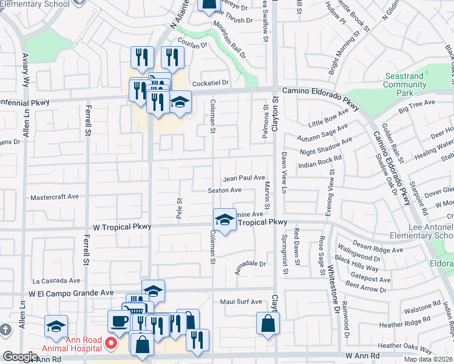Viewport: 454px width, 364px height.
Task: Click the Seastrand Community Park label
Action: tap(404, 85)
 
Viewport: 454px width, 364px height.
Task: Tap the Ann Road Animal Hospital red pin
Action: tap(111, 343)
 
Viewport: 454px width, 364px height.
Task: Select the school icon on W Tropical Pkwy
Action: tap(225, 220)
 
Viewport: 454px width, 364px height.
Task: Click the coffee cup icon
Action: tap(118, 321)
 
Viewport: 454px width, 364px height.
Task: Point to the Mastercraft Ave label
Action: tap(55, 197)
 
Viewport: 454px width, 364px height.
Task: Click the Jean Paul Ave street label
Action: tap(244, 178)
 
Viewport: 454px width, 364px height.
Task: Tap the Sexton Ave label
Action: tap(225, 190)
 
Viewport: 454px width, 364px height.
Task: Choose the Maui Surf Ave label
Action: tap(240, 302)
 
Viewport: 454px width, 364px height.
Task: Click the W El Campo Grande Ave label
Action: tap(71, 292)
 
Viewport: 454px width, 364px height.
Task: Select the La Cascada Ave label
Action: tap(56, 281)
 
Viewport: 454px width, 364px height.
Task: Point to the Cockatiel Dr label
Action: tap(211, 83)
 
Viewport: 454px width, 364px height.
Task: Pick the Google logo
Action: tap(20, 357)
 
